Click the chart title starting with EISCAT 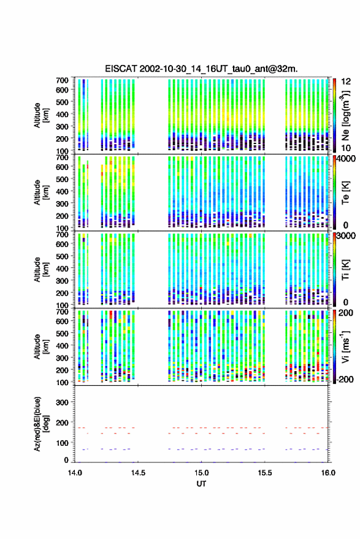pyautogui.click(x=201, y=69)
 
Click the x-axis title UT pyautogui.click(x=201, y=484)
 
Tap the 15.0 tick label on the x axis pyautogui.click(x=201, y=473)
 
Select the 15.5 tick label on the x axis pyautogui.click(x=264, y=473)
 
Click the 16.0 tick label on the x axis pyautogui.click(x=328, y=473)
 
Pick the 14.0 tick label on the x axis pyautogui.click(x=75, y=473)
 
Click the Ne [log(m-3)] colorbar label pyautogui.click(x=345, y=116)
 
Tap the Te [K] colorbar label pyautogui.click(x=345, y=193)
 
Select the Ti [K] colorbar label pyautogui.click(x=345, y=269)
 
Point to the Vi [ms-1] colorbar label pyautogui.click(x=345, y=346)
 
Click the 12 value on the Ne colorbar pyautogui.click(x=346, y=82)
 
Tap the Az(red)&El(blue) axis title pyautogui.click(x=40, y=424)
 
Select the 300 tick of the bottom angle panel pyautogui.click(x=62, y=402)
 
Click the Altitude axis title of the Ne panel pyautogui.click(x=40, y=115)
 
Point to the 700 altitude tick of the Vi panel pyautogui.click(x=62, y=312)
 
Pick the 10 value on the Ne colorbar pyautogui.click(x=346, y=148)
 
